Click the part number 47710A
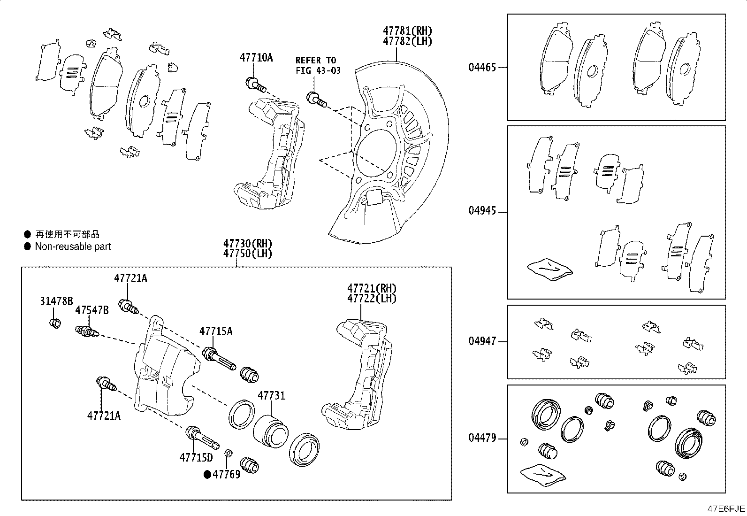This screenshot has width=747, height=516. tap(256, 58)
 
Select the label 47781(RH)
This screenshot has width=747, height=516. tap(407, 31)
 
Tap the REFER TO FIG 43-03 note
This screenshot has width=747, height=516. tap(318, 65)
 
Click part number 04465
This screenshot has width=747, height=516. tap(482, 67)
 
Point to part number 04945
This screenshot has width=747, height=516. tap(482, 211)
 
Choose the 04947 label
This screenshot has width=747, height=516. tap(482, 341)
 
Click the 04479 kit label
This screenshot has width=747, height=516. tap(482, 439)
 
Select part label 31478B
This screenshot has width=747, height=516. tap(56, 301)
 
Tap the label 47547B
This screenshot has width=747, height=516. tap(92, 310)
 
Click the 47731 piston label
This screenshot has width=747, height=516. tap(271, 396)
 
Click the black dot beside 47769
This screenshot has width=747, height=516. tap(207, 474)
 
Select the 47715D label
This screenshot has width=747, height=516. tap(196, 457)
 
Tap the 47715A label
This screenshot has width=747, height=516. tap(215, 331)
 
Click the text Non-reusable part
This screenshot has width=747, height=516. tap(73, 246)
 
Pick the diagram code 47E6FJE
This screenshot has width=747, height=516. tap(726, 509)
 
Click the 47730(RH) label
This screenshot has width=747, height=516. tap(247, 244)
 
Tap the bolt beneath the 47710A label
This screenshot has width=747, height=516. tap(255, 85)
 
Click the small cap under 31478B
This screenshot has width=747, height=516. tap(55, 323)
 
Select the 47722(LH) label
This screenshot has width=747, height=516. tap(372, 299)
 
